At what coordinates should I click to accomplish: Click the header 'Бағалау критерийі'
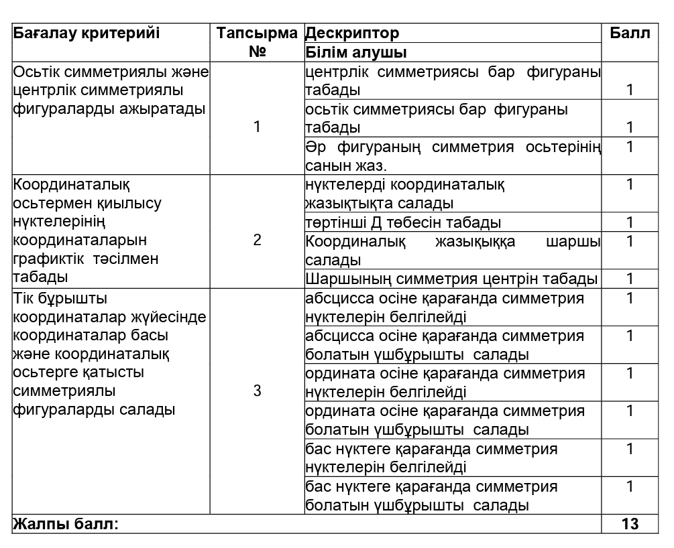pyautogui.click(x=87, y=33)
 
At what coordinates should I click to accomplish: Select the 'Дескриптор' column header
pyautogui.click(x=352, y=33)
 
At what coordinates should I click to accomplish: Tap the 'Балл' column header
pyautogui.click(x=630, y=33)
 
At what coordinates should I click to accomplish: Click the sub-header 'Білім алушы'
pyautogui.click(x=357, y=52)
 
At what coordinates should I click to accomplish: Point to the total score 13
pyautogui.click(x=630, y=524)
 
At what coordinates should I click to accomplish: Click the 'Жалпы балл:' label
pyautogui.click(x=66, y=524)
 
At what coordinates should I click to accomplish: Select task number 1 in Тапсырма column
pyautogui.click(x=257, y=127)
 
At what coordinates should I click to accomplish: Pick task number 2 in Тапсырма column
pyautogui.click(x=257, y=241)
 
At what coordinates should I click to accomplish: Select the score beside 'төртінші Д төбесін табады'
pyautogui.click(x=630, y=222)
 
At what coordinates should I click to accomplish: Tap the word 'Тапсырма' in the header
pyautogui.click(x=257, y=33)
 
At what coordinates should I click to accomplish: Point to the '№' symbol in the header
pyautogui.click(x=258, y=52)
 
